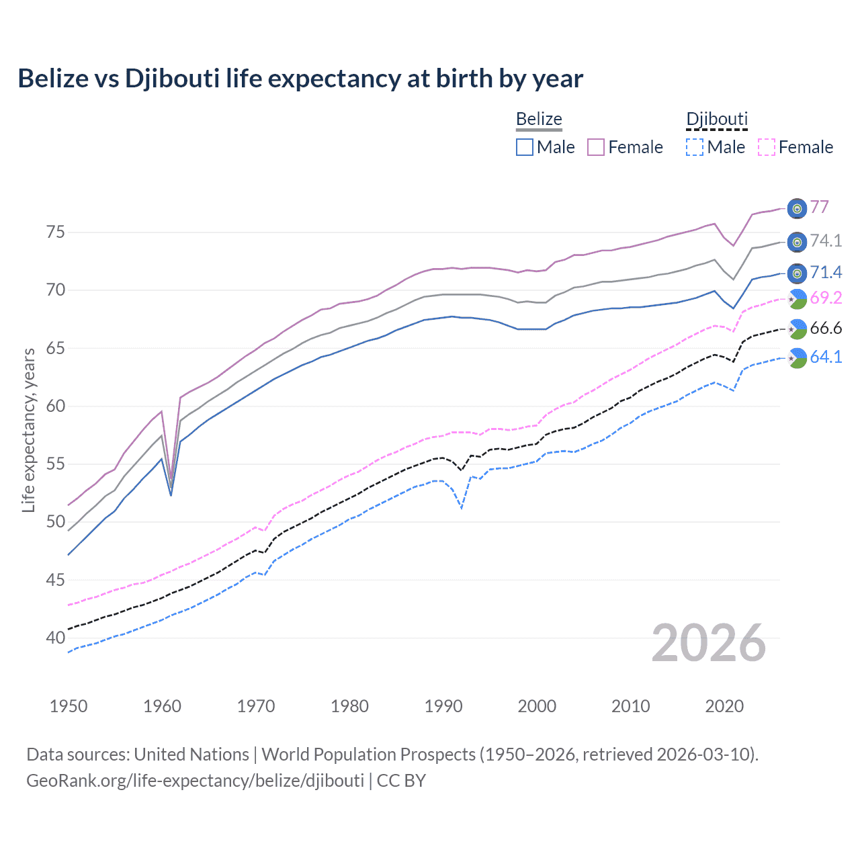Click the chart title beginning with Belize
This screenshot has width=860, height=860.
tap(300, 79)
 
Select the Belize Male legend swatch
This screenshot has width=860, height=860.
tap(525, 147)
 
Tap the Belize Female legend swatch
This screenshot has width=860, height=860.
tap(596, 147)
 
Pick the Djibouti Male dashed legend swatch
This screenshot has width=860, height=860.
tap(695, 147)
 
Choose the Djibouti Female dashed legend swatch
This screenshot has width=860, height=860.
tap(767, 147)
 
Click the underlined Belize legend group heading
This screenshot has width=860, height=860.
tap(539, 119)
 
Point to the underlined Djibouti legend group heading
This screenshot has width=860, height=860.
tap(717, 119)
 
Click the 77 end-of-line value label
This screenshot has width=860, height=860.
tap(819, 207)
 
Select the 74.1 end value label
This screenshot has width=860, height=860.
tap(826, 241)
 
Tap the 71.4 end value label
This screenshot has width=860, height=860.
tap(826, 272)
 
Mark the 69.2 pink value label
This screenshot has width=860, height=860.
tap(826, 298)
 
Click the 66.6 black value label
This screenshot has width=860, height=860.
tap(826, 328)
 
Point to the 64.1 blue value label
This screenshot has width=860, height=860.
tap(826, 357)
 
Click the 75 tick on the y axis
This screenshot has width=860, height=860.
tap(56, 232)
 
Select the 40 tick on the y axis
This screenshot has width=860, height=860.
tap(56, 638)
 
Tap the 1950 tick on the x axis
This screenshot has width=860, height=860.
tap(69, 706)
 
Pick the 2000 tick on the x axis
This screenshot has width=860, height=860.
tap(537, 706)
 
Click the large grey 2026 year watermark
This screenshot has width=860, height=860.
tap(708, 643)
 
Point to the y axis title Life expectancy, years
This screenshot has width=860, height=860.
tap(28, 430)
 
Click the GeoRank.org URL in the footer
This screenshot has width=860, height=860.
tap(195, 780)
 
